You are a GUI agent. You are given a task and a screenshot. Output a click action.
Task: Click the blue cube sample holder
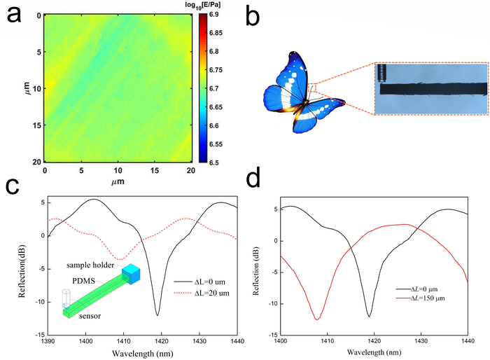coord(133,275)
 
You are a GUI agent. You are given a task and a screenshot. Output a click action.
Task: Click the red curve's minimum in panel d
coord(317,319)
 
